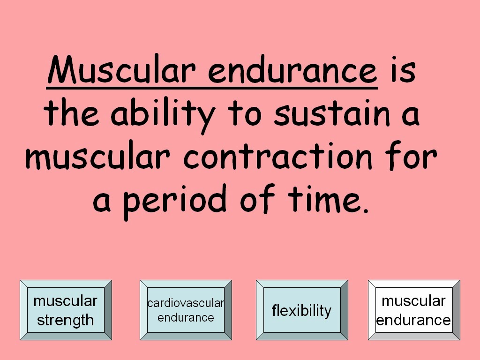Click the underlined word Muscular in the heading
click(121, 69)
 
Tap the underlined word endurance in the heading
click(292, 69)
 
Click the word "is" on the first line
click(403, 70)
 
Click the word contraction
click(277, 156)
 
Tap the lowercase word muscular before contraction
click(97, 156)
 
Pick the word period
click(175, 201)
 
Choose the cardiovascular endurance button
click(186, 310)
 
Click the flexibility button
click(302, 310)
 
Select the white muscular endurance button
click(414, 310)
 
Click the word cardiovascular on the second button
click(186, 303)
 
